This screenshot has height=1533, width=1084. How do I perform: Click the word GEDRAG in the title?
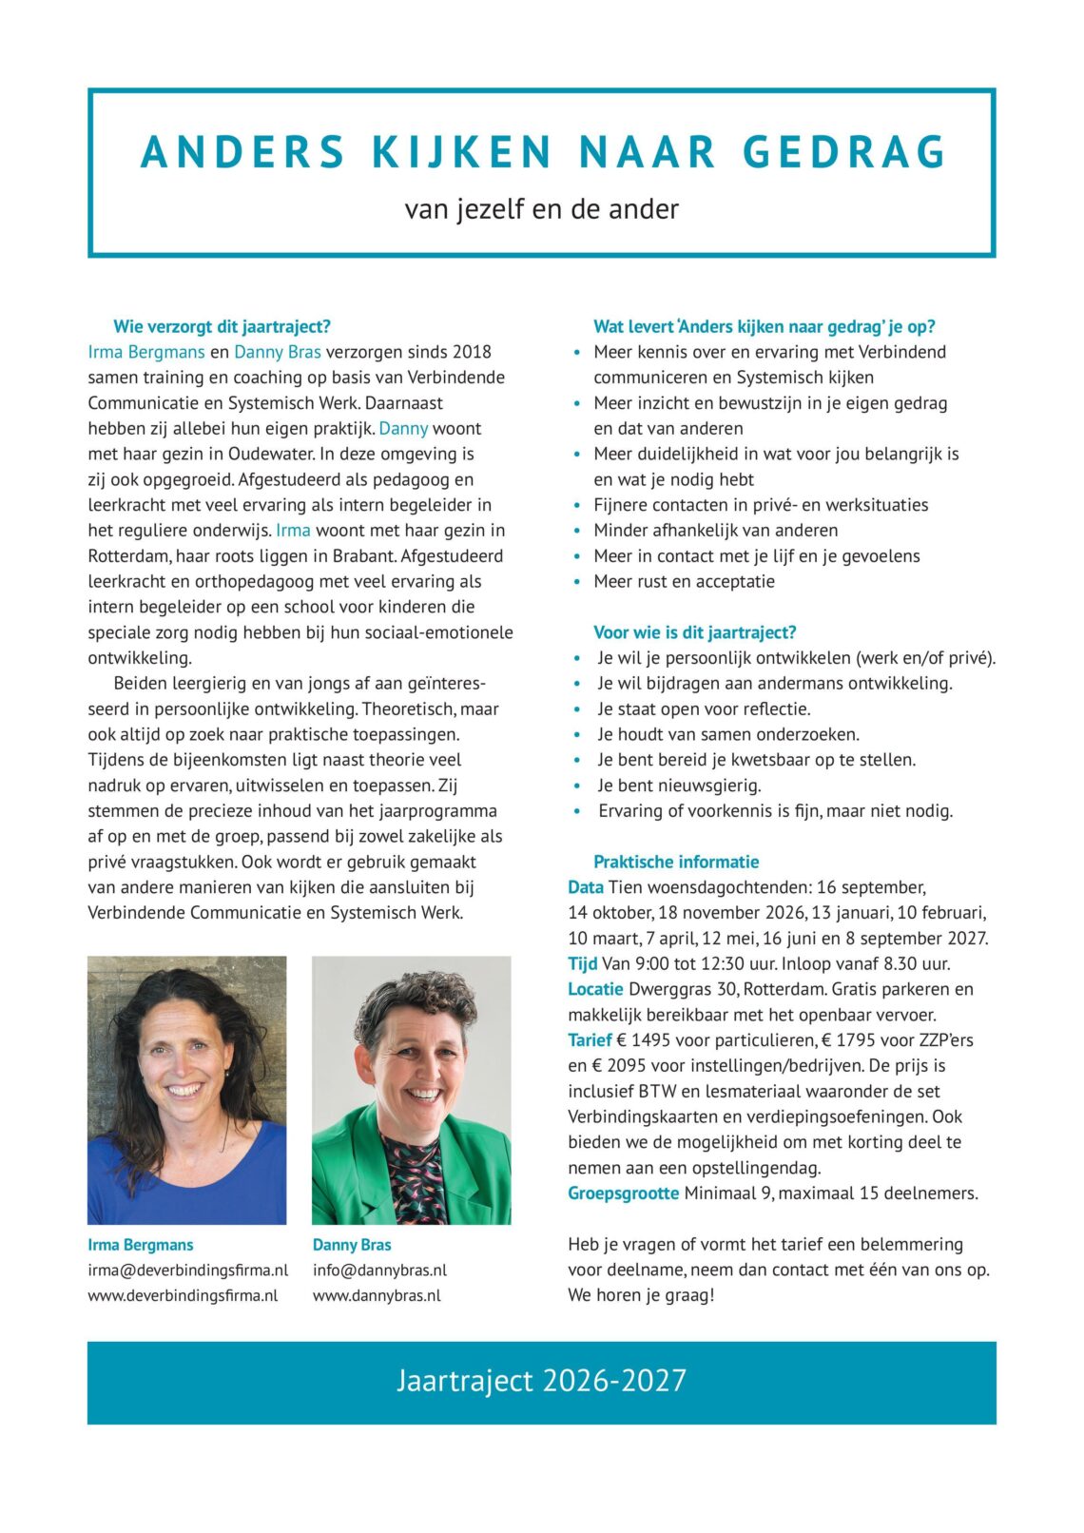point(844,152)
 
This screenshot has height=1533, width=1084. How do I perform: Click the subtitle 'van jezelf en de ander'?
point(541,208)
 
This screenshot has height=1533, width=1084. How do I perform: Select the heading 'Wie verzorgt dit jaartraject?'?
point(222,326)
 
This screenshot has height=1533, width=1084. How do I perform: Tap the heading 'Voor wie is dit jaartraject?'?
point(694,632)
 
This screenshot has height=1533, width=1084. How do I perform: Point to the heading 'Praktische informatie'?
point(676,862)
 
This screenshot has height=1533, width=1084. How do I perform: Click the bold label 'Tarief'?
point(590,1039)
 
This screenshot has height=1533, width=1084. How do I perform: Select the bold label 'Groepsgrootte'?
point(623,1193)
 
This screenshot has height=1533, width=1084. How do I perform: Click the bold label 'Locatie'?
point(595,989)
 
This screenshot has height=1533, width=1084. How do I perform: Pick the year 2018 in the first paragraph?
point(471,352)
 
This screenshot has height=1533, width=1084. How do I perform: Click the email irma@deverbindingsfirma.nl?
point(187,1270)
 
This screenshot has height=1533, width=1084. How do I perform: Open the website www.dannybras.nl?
point(377,1295)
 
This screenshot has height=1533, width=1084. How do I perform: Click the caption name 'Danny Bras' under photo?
point(352,1244)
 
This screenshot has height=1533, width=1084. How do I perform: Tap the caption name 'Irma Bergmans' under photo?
point(140,1244)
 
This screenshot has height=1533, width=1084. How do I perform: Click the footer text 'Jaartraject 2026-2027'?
point(541,1381)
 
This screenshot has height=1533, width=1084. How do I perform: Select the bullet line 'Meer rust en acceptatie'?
point(684,581)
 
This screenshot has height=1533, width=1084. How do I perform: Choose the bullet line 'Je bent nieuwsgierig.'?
point(679,786)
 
